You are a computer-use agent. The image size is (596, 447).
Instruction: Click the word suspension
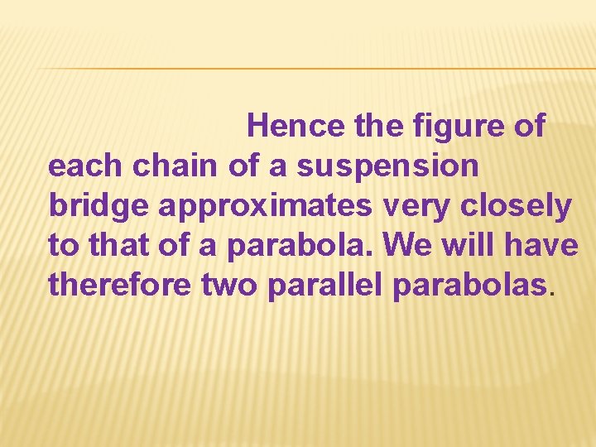[x=387, y=166]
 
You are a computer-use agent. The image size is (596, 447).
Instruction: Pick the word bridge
[x=99, y=206]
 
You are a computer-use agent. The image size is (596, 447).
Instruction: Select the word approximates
[x=265, y=206]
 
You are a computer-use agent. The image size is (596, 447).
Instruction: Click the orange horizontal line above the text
[x=315, y=68]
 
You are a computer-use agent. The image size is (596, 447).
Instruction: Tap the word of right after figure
[x=526, y=126]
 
